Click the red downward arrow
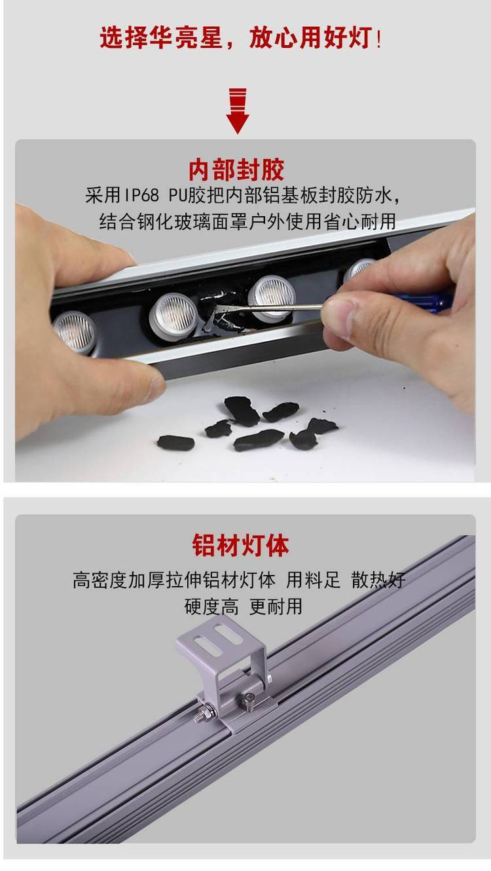tap(238, 111)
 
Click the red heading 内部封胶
tap(236, 170)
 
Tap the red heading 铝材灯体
tap(240, 545)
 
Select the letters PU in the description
tap(178, 195)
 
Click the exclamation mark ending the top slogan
tap(379, 39)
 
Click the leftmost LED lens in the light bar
tap(75, 333)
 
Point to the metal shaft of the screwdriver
tap(268, 308)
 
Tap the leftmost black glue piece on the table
tap(175, 442)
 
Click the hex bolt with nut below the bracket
tap(206, 713)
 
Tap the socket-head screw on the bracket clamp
tap(249, 701)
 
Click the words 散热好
tap(378, 580)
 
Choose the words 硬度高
tap(211, 606)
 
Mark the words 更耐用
tap(276, 606)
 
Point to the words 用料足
tap(314, 580)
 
